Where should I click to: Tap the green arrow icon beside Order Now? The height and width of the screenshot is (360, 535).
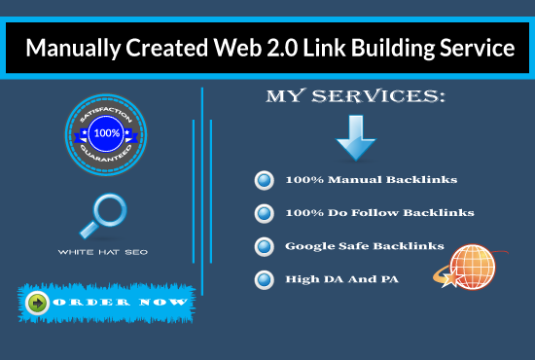pos(38,304)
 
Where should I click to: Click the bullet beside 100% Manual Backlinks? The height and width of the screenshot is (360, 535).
pos(262,180)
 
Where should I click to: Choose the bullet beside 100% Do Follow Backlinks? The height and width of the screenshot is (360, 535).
pos(262,212)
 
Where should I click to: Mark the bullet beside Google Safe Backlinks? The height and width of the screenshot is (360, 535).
pos(262,246)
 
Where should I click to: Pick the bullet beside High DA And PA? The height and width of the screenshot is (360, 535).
pos(262,279)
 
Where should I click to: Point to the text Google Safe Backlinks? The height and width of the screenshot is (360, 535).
pos(365,246)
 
